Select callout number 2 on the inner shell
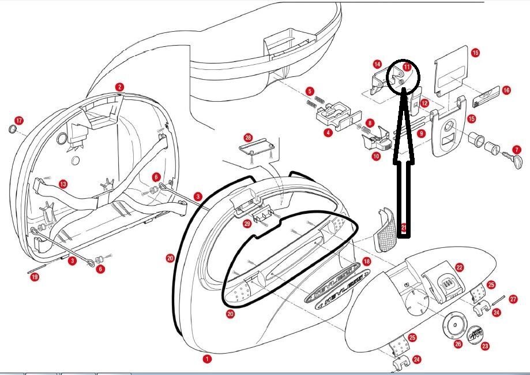pyautogui.click(x=119, y=87)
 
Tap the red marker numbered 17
pyautogui.click(x=19, y=121)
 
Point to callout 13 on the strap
pyautogui.click(x=63, y=184)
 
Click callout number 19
pyautogui.click(x=35, y=277)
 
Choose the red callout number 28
pyautogui.click(x=248, y=138)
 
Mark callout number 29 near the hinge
pyautogui.click(x=247, y=223)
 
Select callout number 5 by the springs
pyautogui.click(x=310, y=91)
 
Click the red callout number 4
pyautogui.click(x=328, y=132)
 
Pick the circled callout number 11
pyautogui.click(x=407, y=67)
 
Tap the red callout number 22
pyautogui.click(x=459, y=267)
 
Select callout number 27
pyautogui.click(x=513, y=299)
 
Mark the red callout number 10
pyautogui.click(x=375, y=156)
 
